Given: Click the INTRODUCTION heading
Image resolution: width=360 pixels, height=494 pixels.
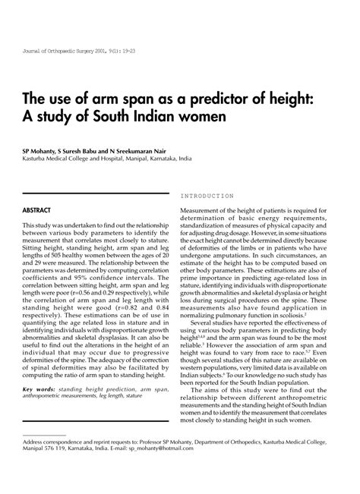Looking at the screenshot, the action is (x=207, y=196).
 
